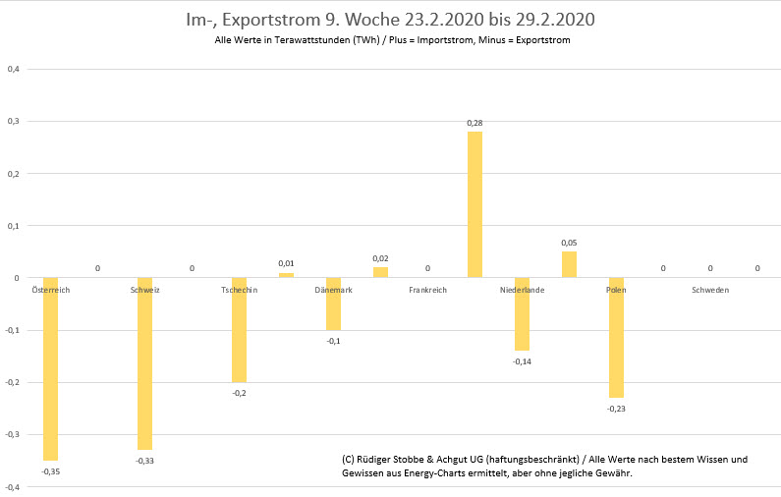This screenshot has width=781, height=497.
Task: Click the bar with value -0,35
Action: pyautogui.click(x=50, y=369)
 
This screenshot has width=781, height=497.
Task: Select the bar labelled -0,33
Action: pyautogui.click(x=144, y=364)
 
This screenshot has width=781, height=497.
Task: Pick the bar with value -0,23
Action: pyautogui.click(x=616, y=338)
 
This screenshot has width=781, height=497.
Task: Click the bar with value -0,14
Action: pyautogui.click(x=522, y=314)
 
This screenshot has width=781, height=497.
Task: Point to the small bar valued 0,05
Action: pyautogui.click(x=569, y=265)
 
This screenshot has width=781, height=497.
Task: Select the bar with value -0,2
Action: pyautogui.click(x=239, y=330)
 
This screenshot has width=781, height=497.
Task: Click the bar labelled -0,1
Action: pyautogui.click(x=333, y=304)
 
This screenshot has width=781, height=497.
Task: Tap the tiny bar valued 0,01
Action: pyautogui.click(x=286, y=275)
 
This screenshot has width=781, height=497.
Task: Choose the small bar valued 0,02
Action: pyautogui.click(x=380, y=272)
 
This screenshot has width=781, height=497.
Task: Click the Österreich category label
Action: pyautogui.click(x=50, y=291)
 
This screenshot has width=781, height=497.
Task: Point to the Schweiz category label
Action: pyautogui.click(x=144, y=291)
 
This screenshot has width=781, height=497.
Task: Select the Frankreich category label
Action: pyautogui.click(x=427, y=291)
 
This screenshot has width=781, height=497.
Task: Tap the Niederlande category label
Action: pyautogui.click(x=522, y=291)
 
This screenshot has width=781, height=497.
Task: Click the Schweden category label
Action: pyautogui.click(x=710, y=291)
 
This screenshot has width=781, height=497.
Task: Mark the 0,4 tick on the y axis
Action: pyautogui.click(x=13, y=69)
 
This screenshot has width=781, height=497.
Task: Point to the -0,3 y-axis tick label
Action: pyautogui.click(x=12, y=434)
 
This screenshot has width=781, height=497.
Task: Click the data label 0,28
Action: pyautogui.click(x=474, y=123)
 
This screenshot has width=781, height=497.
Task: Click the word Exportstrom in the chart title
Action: pyautogui.click(x=272, y=20)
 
